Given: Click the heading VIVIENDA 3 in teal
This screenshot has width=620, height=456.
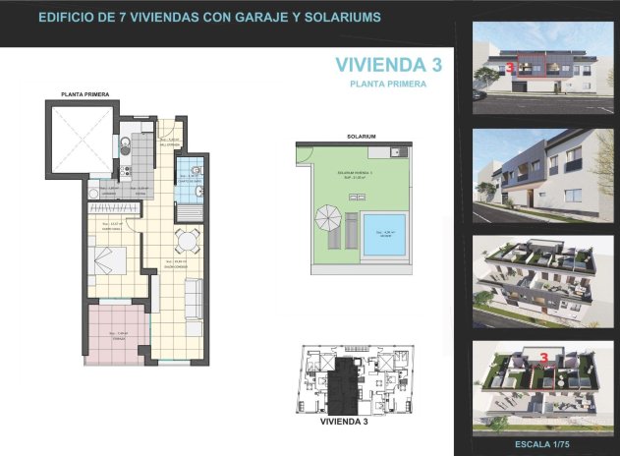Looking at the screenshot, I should point(388,66).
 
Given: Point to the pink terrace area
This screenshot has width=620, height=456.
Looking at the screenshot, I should point(116,336).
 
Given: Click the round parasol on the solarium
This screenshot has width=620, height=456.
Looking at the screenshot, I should point(328,215).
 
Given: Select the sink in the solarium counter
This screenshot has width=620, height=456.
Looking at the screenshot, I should point(395,152).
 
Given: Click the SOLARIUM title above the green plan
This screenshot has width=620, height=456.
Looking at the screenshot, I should point(361,136).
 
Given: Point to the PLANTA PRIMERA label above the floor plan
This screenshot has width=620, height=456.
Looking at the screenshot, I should point(85,93).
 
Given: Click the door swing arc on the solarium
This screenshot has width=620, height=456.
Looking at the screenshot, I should point(305,153).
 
